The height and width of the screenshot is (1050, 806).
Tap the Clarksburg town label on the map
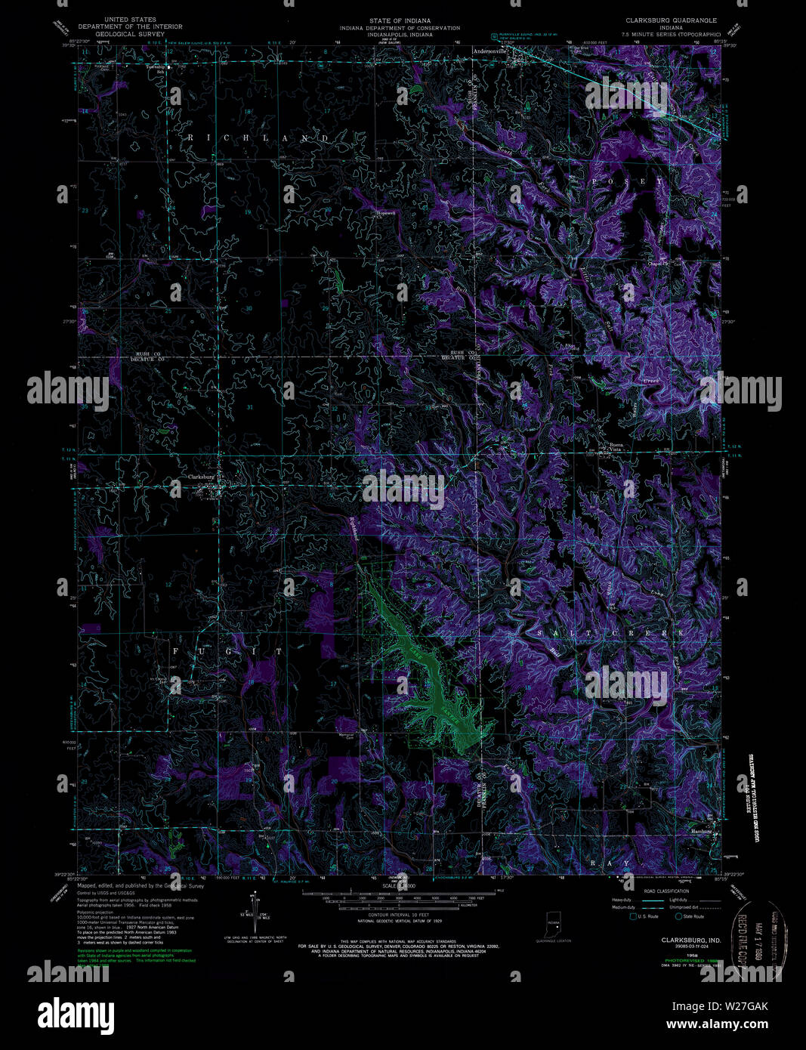coord(202,477)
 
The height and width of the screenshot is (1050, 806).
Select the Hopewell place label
coord(387,213)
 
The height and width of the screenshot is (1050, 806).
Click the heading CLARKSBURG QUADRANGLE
coord(670,20)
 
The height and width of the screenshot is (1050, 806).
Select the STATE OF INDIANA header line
coord(400,20)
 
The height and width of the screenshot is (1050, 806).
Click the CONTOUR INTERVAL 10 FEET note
coord(403,918)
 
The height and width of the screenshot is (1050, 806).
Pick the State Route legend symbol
coord(679,916)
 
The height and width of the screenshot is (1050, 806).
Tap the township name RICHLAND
coord(258,138)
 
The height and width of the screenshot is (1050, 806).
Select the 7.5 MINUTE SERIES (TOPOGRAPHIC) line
coord(670,35)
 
